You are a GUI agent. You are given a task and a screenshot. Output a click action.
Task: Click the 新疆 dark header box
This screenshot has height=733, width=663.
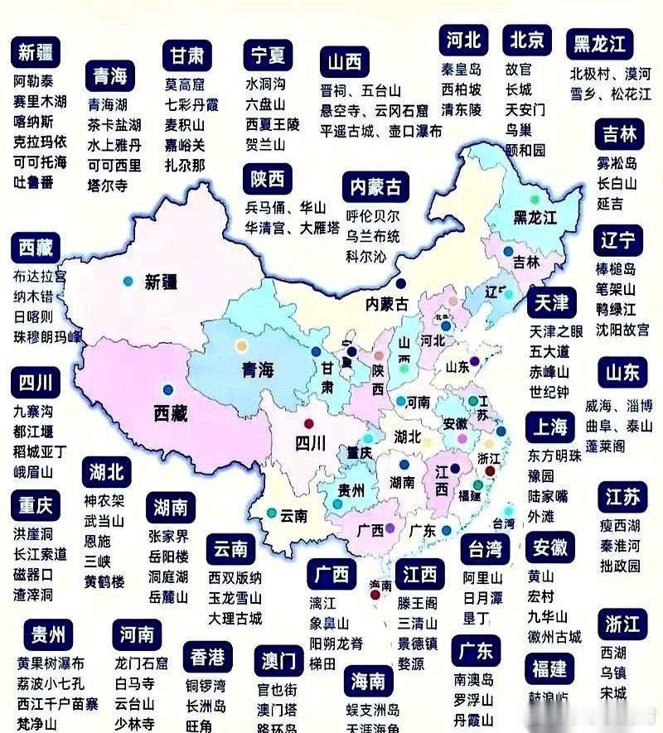coord(36,53)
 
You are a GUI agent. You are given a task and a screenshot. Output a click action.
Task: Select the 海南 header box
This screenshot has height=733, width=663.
coord(367,681)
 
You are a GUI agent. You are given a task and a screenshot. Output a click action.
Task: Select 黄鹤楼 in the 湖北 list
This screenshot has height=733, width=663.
coord(104,581)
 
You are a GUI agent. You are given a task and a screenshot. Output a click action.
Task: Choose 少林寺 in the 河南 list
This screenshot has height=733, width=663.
coord(136,721)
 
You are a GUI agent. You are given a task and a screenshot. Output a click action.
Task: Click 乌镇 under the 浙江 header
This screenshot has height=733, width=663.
coord(613,673)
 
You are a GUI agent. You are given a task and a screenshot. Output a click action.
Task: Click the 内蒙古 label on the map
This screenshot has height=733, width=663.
coord(388,303)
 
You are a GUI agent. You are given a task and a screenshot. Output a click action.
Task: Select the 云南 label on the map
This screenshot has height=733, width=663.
coord(294,515)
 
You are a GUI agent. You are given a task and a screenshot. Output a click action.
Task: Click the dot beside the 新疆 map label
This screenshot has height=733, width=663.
coord(128,282)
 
